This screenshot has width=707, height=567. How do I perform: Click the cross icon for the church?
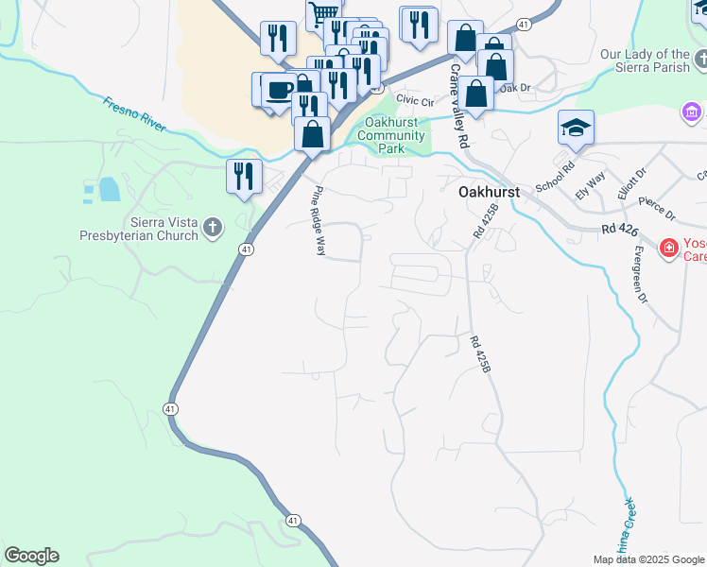click(213, 227)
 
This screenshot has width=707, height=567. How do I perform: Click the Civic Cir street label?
click(415, 98)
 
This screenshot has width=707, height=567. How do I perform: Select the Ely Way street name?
click(595, 180)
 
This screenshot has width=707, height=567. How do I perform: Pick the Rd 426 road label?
click(619, 232)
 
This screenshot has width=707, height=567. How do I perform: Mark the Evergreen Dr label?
click(639, 273)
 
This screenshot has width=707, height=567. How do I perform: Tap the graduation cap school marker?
click(576, 128)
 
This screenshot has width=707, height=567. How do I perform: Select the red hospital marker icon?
click(669, 249)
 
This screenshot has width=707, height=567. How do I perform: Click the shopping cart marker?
click(323, 12)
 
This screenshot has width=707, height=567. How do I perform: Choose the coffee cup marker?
click(279, 90)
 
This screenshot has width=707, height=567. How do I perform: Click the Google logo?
click(31, 556)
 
